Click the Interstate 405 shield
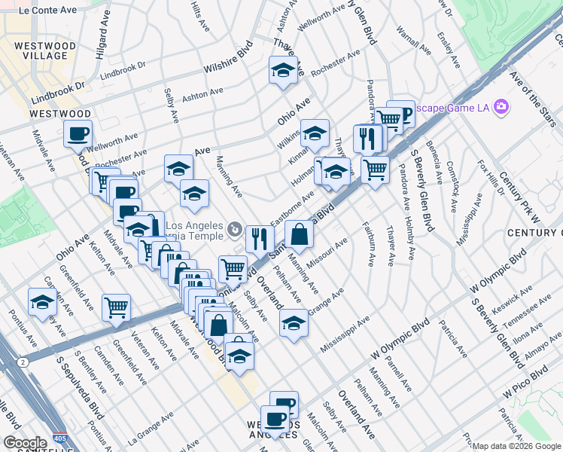61,437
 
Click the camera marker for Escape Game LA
501,107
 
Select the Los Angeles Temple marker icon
236,228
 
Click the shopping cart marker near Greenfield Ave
116,307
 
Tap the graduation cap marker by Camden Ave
41,301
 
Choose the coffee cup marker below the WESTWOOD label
78,134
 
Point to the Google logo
25,443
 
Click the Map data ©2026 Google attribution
516,446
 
